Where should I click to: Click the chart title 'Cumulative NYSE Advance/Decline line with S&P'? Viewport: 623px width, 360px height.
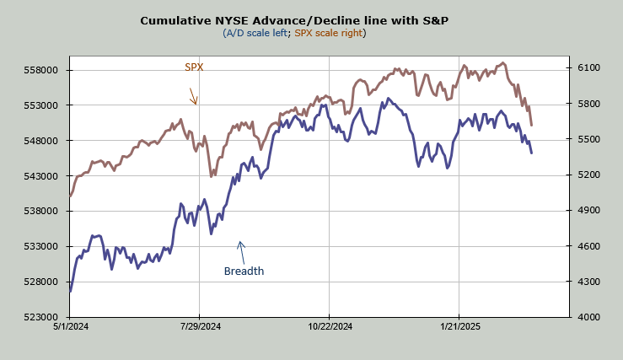tap(294, 19)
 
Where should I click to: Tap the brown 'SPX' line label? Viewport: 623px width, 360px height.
tap(194, 67)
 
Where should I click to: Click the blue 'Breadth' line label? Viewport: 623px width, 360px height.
tap(244, 271)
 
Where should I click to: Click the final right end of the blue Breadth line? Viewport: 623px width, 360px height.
tap(531, 153)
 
